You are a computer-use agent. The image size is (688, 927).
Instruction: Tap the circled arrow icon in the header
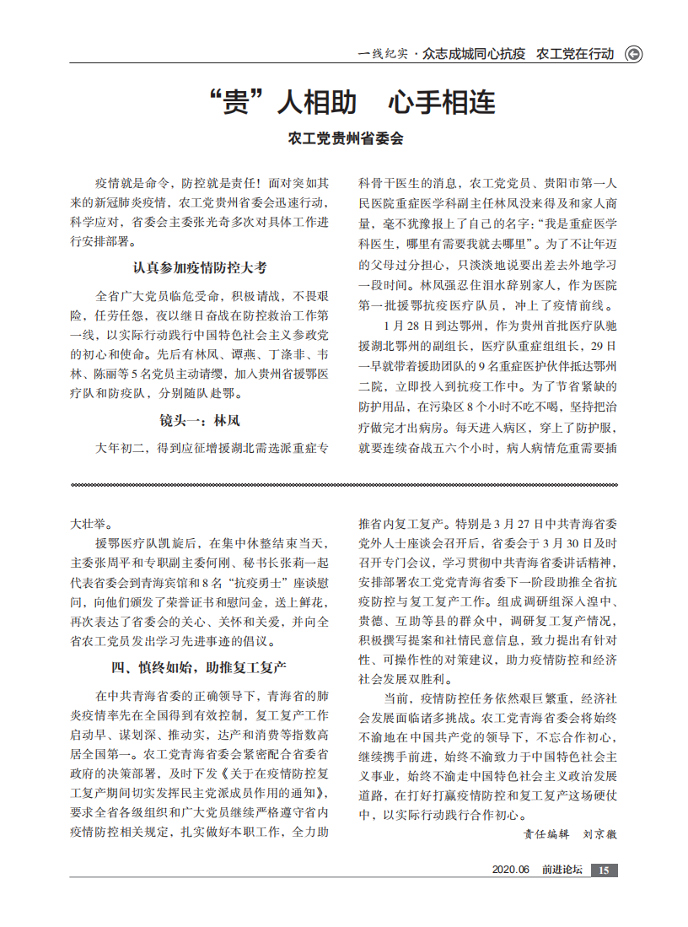(x=632, y=54)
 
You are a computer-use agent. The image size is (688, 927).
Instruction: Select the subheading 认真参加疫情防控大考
(x=200, y=267)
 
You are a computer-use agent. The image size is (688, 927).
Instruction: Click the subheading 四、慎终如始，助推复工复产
(x=200, y=667)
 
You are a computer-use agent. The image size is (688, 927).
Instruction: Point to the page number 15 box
(x=603, y=870)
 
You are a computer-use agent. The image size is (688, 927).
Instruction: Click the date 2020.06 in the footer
(x=510, y=870)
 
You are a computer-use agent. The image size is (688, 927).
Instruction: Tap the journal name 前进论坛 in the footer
(x=562, y=870)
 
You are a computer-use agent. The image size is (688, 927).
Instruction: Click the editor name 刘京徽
(x=600, y=833)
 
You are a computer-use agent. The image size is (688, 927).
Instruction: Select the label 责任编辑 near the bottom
(x=546, y=833)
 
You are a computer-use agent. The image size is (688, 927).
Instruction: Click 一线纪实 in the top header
(x=383, y=54)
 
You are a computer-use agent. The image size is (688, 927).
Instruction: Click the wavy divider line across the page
(x=344, y=485)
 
